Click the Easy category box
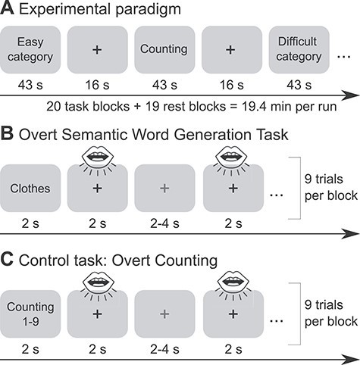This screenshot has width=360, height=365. pyautogui.click(x=30, y=50)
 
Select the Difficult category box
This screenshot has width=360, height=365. pyautogui.click(x=299, y=50)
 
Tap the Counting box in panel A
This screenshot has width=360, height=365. pyautogui.click(x=164, y=50)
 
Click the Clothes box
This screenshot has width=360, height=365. pyautogui.click(x=30, y=189)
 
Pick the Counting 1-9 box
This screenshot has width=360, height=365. pyautogui.click(x=30, y=314)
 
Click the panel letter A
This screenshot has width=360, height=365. pyautogui.click(x=7, y=9)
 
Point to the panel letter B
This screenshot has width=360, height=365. pyautogui.click(x=7, y=134)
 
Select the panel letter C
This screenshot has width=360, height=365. pyautogui.click(x=7, y=260)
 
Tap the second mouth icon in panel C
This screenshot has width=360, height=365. pyautogui.click(x=233, y=281)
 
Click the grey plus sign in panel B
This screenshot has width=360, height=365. pyautogui.click(x=164, y=189)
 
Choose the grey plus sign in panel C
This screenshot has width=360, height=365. pyautogui.click(x=164, y=314)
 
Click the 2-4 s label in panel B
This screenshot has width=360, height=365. pyautogui.click(x=164, y=223)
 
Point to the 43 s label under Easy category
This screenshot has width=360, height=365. pyautogui.click(x=30, y=85)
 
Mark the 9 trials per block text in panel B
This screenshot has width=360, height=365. pyautogui.click(x=331, y=187)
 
